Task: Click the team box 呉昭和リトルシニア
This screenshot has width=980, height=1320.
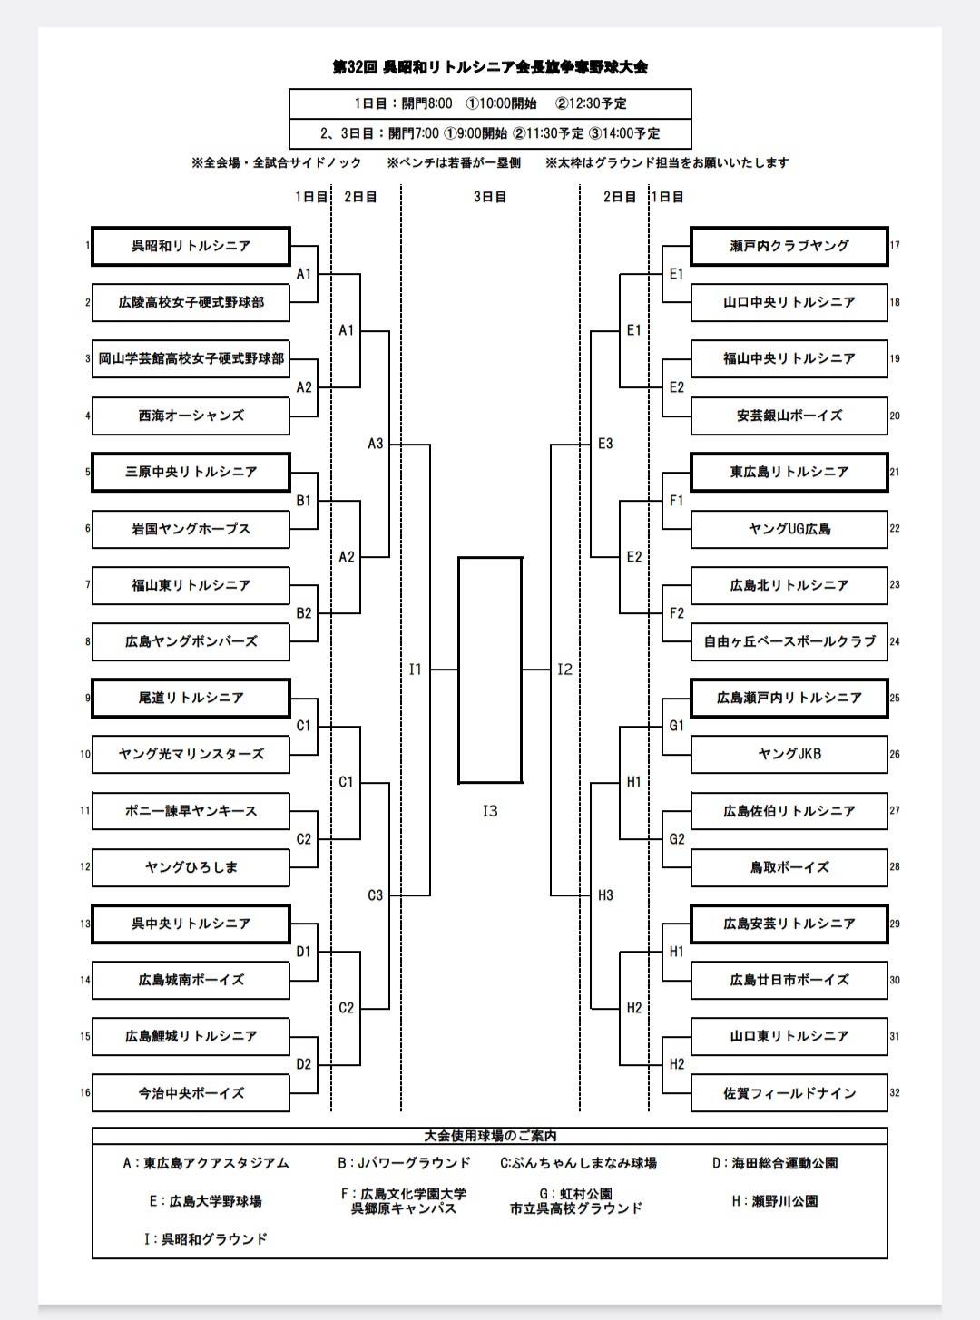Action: coord(191,246)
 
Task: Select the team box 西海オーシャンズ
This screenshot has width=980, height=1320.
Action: coord(191,416)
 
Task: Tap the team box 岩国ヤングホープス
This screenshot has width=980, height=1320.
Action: coord(191,529)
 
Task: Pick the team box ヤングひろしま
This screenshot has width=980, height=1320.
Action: coord(191,867)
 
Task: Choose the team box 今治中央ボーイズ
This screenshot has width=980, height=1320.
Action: coord(191,1093)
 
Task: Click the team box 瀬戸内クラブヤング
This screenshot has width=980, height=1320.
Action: coord(789,246)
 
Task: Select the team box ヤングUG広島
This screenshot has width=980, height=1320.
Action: coord(789,529)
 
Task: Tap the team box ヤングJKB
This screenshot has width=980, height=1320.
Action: coord(789,754)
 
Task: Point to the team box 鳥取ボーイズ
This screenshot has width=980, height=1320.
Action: coord(789,867)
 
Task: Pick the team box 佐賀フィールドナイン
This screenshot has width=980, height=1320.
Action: coord(789,1093)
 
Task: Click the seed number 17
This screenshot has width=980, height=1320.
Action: coord(895,246)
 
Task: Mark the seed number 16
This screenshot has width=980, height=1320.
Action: coord(85,1093)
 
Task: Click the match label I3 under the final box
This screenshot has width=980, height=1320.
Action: coord(490,811)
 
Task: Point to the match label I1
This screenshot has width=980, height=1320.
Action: coord(415,670)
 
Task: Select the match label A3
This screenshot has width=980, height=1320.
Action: coord(375,444)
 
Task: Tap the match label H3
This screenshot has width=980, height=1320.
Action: coord(605,895)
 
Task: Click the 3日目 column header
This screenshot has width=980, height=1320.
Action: coord(490,197)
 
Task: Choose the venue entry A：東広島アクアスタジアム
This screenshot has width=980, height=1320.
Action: coord(206,1163)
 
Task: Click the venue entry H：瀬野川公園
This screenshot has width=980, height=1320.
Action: coord(774,1201)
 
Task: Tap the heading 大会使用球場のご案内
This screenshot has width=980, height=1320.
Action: coord(490,1136)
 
